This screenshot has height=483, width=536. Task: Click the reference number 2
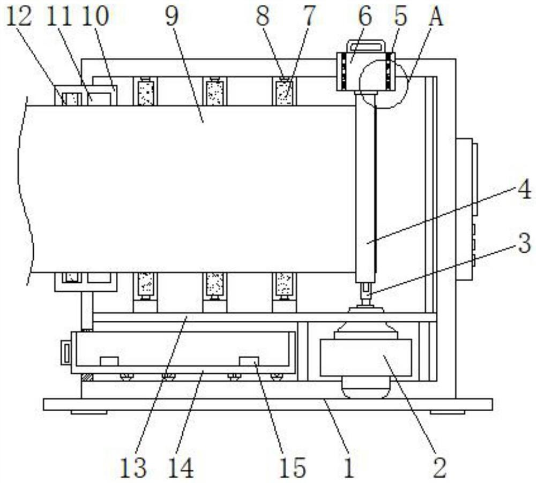[440, 467]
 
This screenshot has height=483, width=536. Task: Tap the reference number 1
[349, 467]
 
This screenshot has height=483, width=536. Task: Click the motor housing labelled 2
[365, 358]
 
